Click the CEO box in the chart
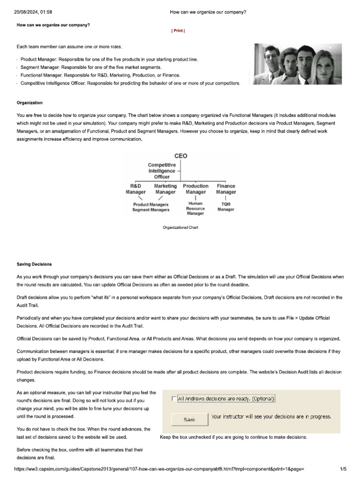pyautogui.click(x=180, y=156)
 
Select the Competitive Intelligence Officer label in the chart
pyautogui.click(x=162, y=171)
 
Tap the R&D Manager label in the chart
pyautogui.click(x=135, y=189)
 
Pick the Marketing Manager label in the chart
pyautogui.click(x=165, y=189)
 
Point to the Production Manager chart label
pyautogui.click(x=195, y=189)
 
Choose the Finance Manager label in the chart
pyautogui.click(x=226, y=189)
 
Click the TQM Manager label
pyautogui.click(x=225, y=207)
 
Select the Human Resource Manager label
pyautogui.click(x=195, y=209)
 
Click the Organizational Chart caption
pyautogui.click(x=180, y=227)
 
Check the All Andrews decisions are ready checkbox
pyautogui.click(x=174, y=399)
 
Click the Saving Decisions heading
pyautogui.click(x=34, y=264)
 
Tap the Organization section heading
pyautogui.click(x=30, y=103)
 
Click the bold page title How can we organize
pyautogui.click(x=53, y=25)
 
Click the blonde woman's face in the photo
pyautogui.click(x=323, y=61)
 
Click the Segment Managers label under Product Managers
pyautogui.click(x=150, y=210)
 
